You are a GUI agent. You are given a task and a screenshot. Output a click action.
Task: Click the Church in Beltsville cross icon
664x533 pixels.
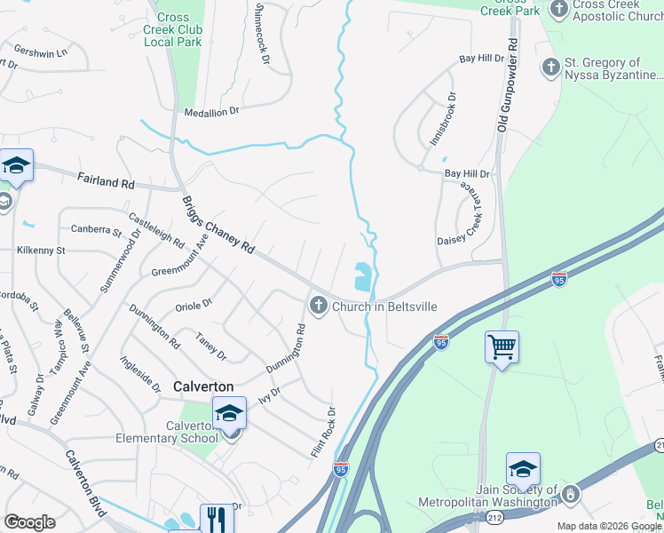pos(319,306)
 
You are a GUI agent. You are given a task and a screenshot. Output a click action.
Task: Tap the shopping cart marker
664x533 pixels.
pos(502,346)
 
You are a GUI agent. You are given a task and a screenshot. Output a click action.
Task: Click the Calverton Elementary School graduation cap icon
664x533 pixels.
pos(229,413)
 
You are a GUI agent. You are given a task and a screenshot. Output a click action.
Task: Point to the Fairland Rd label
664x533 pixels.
pos(105,182)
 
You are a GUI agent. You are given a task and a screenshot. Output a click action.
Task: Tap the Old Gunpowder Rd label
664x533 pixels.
pos(506,86)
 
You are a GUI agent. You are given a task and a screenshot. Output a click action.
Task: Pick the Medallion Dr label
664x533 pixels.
pos(211,112)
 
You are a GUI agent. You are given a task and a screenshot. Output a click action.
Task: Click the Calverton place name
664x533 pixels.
pos(203,386)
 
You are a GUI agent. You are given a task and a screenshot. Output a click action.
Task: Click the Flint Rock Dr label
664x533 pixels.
pos(323,433)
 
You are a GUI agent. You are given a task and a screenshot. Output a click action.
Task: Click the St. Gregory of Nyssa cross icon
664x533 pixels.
pos(550,67)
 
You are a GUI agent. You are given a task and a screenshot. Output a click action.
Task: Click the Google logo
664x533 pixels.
pos(29,522)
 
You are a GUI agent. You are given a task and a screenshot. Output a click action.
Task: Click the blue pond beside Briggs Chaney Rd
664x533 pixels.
pos(363,277)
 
